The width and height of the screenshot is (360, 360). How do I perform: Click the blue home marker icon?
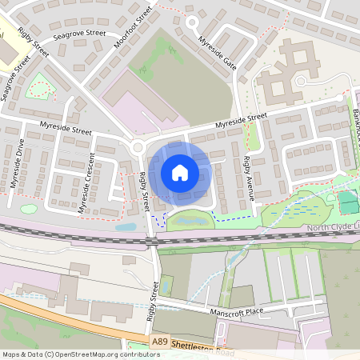[180, 172]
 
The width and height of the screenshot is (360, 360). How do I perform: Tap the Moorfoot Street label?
[133, 26]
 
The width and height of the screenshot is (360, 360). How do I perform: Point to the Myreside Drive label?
[17, 164]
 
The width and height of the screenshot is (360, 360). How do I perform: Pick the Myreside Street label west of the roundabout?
[66, 129]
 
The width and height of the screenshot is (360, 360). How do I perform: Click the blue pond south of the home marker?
[190, 219]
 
